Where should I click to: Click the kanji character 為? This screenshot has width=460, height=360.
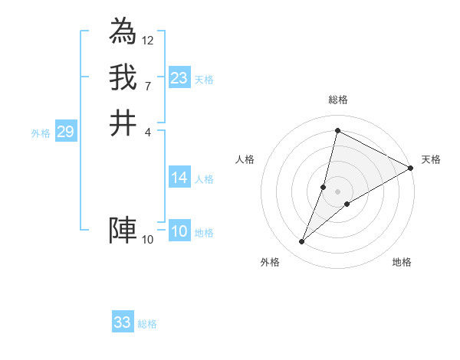[x=123, y=31]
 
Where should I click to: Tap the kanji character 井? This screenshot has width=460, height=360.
[x=123, y=123]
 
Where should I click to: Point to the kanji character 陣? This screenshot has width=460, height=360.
[x=123, y=230]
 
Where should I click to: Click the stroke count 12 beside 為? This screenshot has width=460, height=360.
[x=148, y=40]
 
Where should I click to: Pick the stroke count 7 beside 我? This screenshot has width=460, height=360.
[x=148, y=86]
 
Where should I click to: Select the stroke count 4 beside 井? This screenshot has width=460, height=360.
[x=148, y=132]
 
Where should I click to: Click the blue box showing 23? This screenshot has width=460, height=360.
[x=179, y=78]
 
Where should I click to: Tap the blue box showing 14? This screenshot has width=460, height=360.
[x=179, y=178]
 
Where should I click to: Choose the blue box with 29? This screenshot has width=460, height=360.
[x=65, y=132]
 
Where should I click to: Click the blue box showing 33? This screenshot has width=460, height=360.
[x=123, y=322]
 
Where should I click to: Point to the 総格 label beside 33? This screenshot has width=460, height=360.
[x=147, y=324]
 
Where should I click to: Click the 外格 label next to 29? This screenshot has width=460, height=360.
[x=41, y=133]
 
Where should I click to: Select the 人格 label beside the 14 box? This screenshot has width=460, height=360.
[x=204, y=179]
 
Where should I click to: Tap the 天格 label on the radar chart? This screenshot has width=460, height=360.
[x=431, y=159]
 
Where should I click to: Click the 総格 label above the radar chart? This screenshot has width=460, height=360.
[x=337, y=100]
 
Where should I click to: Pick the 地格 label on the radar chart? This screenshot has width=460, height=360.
[x=402, y=262]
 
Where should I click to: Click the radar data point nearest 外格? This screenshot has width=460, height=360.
[x=302, y=242]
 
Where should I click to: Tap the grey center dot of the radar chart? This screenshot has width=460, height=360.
[x=337, y=191]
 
